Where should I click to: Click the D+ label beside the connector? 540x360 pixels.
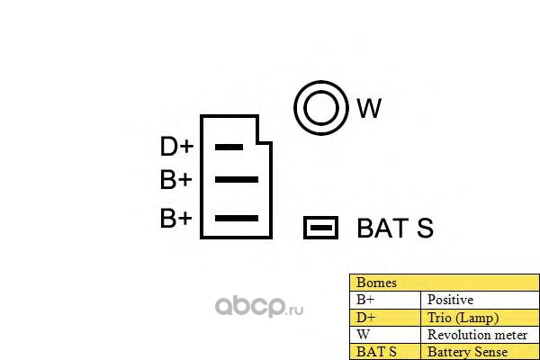(176, 147)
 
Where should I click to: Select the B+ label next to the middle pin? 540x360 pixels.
(176, 180)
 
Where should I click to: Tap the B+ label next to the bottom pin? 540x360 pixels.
(176, 218)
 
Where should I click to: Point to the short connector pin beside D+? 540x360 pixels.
(229, 147)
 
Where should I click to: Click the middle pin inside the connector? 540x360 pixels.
(236, 180)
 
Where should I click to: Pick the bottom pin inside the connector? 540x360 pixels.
(236, 218)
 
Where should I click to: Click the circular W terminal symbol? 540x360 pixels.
(320, 109)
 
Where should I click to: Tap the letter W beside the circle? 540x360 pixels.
(369, 109)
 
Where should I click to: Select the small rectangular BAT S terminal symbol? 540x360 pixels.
(320, 228)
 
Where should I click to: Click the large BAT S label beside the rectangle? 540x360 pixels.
(395, 229)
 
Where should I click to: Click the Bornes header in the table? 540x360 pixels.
(376, 283)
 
